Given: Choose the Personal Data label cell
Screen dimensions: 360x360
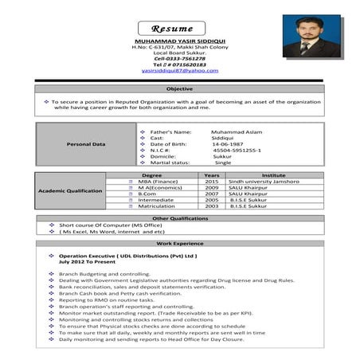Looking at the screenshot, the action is pyautogui.click(x=87, y=144).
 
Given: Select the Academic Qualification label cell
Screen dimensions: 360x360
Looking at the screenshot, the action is pyautogui.click(x=71, y=191).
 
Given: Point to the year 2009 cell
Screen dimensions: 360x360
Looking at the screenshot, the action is pyautogui.click(x=212, y=190).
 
